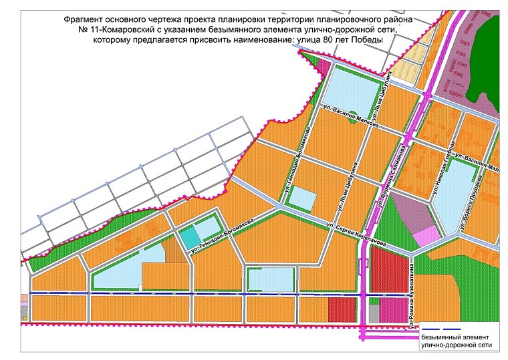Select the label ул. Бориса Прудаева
coord(467,201)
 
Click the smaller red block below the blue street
coord(342,309)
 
